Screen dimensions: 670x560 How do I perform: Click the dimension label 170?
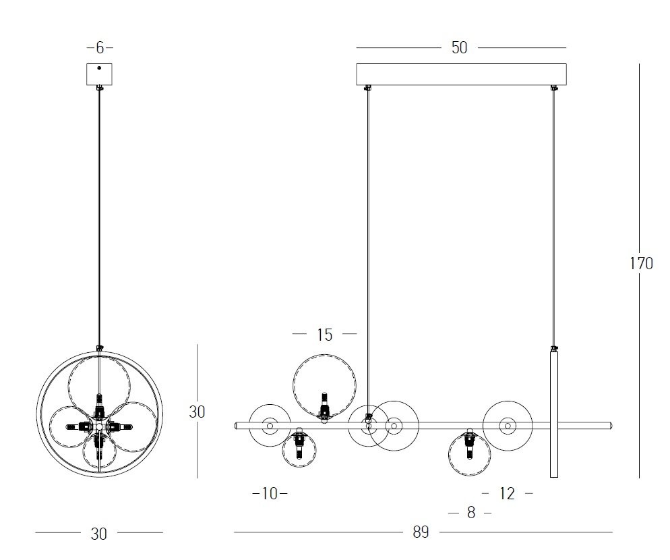(x=642, y=264)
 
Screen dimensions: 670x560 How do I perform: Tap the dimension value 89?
(x=421, y=532)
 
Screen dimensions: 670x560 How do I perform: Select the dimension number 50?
(x=459, y=47)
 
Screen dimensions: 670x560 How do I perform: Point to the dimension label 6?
(x=100, y=47)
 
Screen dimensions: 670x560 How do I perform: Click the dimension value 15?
(x=325, y=335)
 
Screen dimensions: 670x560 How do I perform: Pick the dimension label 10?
(x=270, y=494)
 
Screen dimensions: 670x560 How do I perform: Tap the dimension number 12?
(x=507, y=494)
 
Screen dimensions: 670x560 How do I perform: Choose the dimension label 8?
(x=471, y=512)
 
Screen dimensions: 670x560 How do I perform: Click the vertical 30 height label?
(x=197, y=412)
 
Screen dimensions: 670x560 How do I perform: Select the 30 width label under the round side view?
(x=98, y=534)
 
